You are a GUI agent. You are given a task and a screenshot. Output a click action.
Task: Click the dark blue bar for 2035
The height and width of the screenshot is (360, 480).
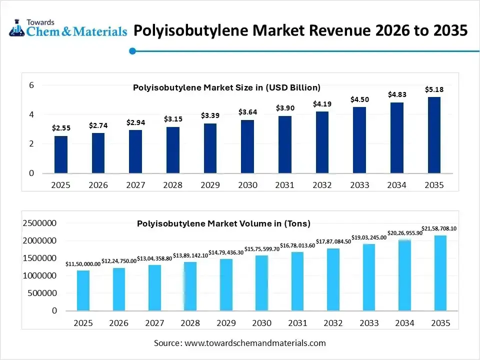[x=434, y=135]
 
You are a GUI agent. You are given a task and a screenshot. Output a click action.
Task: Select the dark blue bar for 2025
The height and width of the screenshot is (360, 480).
[x=61, y=154]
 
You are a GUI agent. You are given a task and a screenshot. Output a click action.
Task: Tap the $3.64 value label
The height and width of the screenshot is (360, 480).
[x=247, y=111]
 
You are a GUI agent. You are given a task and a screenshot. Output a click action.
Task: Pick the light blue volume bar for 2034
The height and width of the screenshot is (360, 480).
[x=404, y=275]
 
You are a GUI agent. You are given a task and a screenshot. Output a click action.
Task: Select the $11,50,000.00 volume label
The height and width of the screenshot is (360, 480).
[x=83, y=263]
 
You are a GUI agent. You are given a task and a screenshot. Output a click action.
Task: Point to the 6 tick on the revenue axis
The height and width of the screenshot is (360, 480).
[x=31, y=85]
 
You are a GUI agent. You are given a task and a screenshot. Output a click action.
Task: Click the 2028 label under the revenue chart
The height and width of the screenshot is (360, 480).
[x=172, y=185]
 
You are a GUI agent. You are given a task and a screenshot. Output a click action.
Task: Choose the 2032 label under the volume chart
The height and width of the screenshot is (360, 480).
[x=333, y=323]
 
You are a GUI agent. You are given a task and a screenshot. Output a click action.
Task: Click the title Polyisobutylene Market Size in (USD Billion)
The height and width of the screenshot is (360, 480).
[x=226, y=87]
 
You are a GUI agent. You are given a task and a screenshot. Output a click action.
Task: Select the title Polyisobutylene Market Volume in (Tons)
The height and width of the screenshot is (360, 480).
[x=223, y=223]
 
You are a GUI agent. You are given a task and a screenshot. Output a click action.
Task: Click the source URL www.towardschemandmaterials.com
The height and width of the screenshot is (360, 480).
[x=255, y=343]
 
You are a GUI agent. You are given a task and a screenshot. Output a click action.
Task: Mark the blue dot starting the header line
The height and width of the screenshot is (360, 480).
[x=132, y=50]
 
